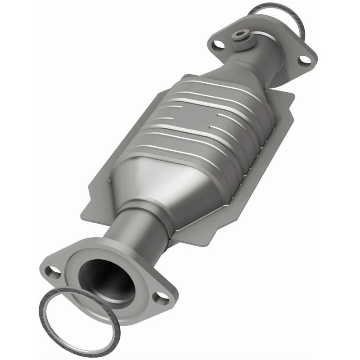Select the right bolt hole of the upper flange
304,60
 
